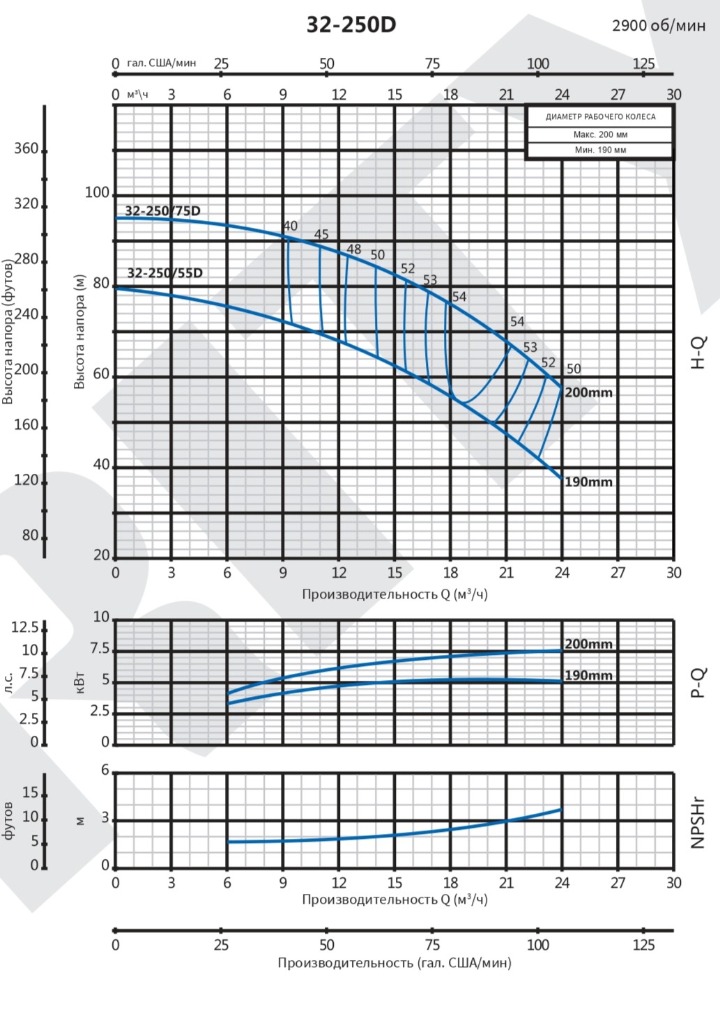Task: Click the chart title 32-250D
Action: [351, 25]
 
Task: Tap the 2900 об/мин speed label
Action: [658, 26]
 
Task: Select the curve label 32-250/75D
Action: [162, 211]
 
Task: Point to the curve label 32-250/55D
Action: [164, 273]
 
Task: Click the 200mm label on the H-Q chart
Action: [588, 393]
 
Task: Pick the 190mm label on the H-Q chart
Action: [588, 482]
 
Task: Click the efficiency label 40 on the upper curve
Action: [290, 226]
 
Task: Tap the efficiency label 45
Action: [321, 235]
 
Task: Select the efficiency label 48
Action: [354, 249]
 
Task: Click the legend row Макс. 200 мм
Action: [600, 134]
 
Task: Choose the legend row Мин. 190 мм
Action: [600, 150]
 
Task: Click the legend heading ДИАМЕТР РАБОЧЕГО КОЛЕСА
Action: [600, 117]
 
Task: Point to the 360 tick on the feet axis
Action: [26, 148]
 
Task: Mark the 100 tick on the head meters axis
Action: [97, 193]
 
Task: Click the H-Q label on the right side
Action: [698, 352]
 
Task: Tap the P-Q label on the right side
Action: [698, 683]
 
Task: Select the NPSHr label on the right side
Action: [698, 823]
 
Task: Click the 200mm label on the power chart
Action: [588, 645]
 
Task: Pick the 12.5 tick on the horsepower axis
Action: [25, 627]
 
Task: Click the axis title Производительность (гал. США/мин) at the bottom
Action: [395, 963]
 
